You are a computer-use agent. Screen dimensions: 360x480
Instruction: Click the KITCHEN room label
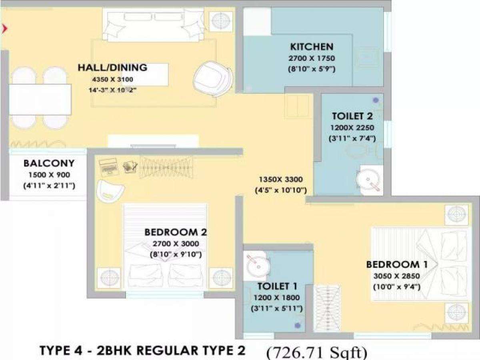(x=312, y=46)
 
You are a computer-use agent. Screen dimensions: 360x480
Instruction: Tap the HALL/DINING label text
(x=112, y=67)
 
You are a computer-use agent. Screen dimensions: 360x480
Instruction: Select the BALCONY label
(x=49, y=163)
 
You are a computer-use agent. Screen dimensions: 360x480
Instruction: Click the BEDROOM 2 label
(x=176, y=232)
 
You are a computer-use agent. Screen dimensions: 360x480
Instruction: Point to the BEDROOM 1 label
(x=397, y=264)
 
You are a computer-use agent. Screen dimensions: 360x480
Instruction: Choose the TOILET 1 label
(x=277, y=286)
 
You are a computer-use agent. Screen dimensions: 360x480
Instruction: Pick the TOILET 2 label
(x=352, y=116)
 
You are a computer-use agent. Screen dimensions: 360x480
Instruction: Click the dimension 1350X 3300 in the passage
(x=280, y=179)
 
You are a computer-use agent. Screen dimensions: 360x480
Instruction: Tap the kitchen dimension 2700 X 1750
(x=312, y=58)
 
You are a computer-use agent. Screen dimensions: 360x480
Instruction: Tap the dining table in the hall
(x=40, y=99)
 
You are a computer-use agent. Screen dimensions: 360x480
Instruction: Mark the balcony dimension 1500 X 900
(x=49, y=175)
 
